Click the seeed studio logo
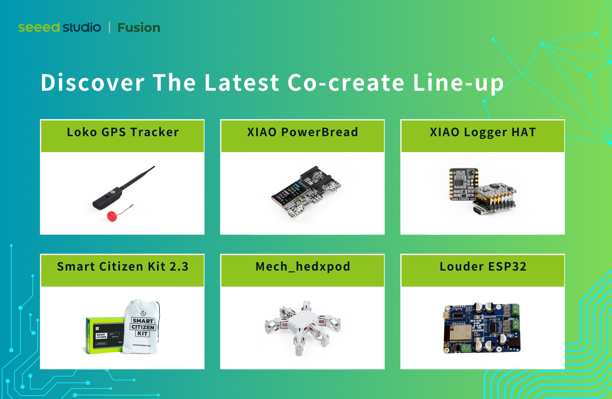tap(60, 27)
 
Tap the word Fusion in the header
tap(138, 28)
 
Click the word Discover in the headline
tap(92, 82)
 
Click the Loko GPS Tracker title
tap(123, 132)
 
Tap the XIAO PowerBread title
tap(302, 132)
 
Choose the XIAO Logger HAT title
tap(483, 132)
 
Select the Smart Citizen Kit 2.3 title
tap(123, 267)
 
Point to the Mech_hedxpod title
tap(303, 267)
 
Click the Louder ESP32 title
tap(483, 267)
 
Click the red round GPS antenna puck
tap(112, 216)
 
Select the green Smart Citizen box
tap(104, 335)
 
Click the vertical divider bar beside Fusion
tap(109, 27)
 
